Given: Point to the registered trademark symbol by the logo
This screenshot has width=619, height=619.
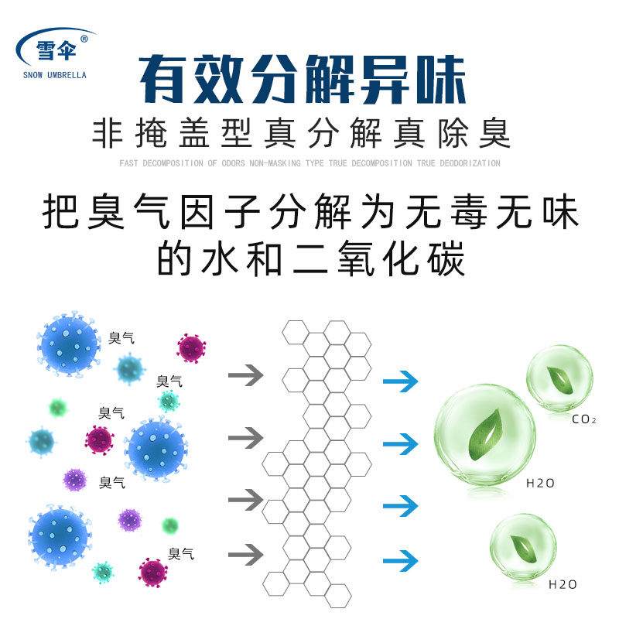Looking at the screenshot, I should coord(84,37).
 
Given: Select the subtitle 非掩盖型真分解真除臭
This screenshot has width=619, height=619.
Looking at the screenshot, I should coord(302,133).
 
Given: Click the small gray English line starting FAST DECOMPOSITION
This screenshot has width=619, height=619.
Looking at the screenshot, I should coord(309,163).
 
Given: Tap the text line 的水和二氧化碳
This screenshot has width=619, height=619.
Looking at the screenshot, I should coord(310,261).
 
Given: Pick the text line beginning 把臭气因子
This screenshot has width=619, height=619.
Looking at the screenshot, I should coord(310,213).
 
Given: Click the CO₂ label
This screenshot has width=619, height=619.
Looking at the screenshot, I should coord(583,420).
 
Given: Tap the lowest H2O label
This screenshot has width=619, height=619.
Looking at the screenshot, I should coord(563,584).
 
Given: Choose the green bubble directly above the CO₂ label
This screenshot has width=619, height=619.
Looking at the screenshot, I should coord(561,378).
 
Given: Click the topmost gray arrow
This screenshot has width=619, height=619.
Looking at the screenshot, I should coord(246,376).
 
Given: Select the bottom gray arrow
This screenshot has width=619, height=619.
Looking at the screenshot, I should coord(246,554).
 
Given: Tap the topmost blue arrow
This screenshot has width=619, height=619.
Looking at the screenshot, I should coord(400,381).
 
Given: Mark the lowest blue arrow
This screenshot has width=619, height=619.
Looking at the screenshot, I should coord(400,559).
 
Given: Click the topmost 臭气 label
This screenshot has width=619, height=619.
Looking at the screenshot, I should coord(122,337).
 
